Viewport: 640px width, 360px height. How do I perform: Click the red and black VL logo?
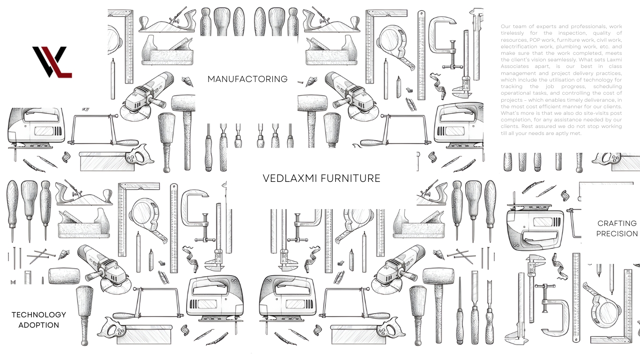click(x=52, y=61)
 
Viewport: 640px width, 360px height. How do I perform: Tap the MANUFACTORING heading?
click(x=247, y=79)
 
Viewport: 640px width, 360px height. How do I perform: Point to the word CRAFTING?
click(x=617, y=224)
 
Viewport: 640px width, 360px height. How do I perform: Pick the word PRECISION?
click(x=617, y=234)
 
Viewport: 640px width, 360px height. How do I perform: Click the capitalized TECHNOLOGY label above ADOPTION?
click(x=39, y=315)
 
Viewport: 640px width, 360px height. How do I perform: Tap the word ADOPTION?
click(x=39, y=325)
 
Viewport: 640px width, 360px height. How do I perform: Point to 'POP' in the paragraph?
click(x=536, y=40)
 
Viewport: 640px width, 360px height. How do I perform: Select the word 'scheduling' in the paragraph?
click(x=608, y=87)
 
